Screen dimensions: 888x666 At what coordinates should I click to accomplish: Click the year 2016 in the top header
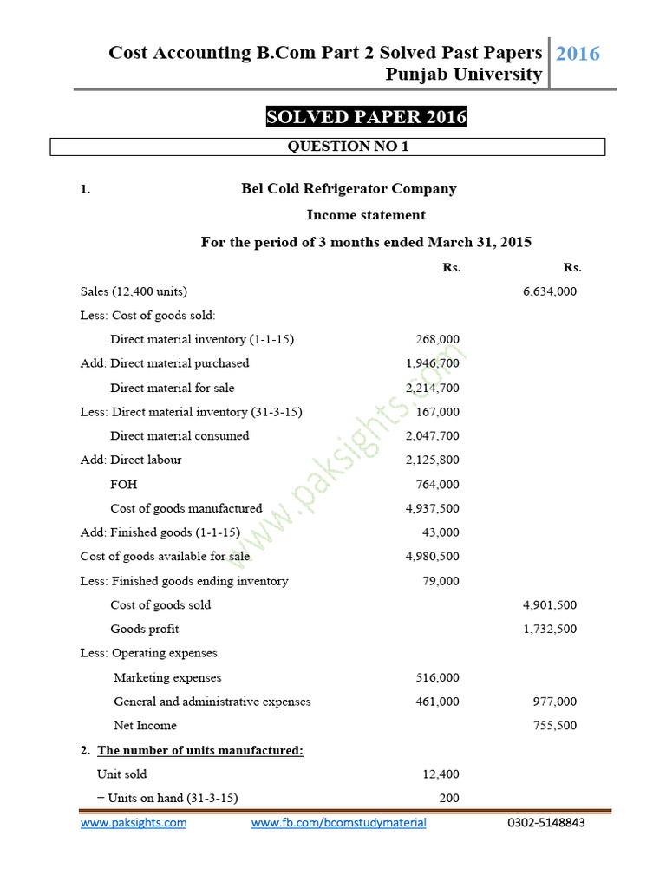(578, 54)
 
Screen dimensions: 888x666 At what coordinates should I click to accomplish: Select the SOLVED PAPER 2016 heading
(366, 117)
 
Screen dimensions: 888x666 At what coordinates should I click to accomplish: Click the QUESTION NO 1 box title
(348, 147)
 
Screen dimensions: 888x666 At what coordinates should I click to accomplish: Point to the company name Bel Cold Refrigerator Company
(349, 189)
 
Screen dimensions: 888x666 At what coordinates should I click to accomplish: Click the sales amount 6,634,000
(550, 291)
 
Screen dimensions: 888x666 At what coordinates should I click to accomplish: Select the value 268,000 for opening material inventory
(438, 340)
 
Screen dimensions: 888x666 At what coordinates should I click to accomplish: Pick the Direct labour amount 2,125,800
(433, 460)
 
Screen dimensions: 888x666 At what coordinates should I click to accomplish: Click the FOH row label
(123, 484)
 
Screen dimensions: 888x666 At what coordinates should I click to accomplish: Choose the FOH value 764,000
(438, 484)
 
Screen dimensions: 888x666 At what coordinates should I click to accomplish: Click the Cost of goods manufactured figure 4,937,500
(433, 508)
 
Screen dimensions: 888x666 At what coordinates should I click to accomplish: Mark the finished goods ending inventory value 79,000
(441, 581)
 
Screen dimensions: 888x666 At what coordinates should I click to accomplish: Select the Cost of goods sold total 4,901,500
(550, 604)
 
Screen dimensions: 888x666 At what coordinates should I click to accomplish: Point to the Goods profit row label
(144, 629)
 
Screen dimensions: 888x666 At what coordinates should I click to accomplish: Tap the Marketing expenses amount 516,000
(438, 677)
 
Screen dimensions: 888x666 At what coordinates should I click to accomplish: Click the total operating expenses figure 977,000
(555, 702)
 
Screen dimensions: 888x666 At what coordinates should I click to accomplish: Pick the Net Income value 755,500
(555, 726)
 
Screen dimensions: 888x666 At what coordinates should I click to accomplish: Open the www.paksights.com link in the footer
(134, 823)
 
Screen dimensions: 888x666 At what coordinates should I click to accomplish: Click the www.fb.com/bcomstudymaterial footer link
(338, 823)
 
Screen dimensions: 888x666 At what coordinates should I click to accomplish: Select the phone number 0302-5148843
(545, 823)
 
